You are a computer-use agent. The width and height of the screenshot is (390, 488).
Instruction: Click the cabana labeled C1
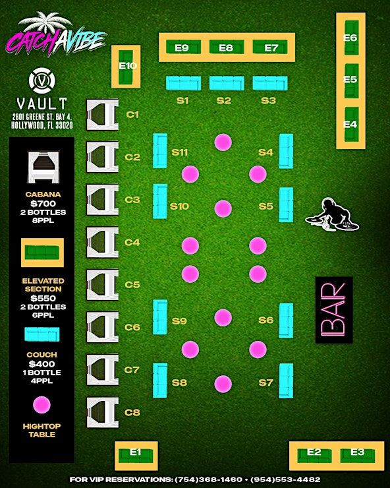click(x=102, y=115)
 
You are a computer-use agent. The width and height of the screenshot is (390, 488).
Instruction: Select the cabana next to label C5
click(x=102, y=285)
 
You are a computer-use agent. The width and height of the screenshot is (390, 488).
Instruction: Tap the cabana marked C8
click(x=102, y=412)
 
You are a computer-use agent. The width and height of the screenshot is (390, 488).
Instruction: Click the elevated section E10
click(x=126, y=67)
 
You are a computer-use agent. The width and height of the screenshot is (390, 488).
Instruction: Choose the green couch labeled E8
click(x=227, y=47)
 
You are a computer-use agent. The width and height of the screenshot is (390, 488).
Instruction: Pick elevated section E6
click(x=351, y=38)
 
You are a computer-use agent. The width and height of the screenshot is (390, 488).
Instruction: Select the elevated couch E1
click(x=136, y=455)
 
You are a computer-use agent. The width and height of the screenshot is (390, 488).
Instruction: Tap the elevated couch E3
click(x=358, y=455)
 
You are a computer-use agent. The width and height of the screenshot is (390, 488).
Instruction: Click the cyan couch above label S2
click(x=227, y=83)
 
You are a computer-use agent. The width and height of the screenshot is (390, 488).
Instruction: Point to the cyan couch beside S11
click(x=160, y=151)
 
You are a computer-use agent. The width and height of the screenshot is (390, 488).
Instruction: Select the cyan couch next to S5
click(x=286, y=205)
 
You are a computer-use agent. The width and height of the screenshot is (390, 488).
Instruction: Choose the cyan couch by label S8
click(x=160, y=381)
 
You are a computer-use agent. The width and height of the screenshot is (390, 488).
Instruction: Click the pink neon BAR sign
click(x=334, y=310)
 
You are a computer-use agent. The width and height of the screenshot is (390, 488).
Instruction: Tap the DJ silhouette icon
click(x=332, y=215)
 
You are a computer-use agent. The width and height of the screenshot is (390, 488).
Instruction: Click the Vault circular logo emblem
click(x=42, y=80)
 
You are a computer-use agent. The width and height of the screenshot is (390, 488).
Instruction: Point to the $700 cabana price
click(x=43, y=204)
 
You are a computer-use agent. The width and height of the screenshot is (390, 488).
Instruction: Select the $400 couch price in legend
click(x=42, y=364)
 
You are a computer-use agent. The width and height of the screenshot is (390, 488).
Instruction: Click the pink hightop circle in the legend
click(x=42, y=405)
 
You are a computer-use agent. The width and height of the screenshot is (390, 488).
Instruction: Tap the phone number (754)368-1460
click(x=209, y=479)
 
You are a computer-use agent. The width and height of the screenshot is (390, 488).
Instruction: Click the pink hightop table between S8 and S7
click(x=223, y=384)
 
